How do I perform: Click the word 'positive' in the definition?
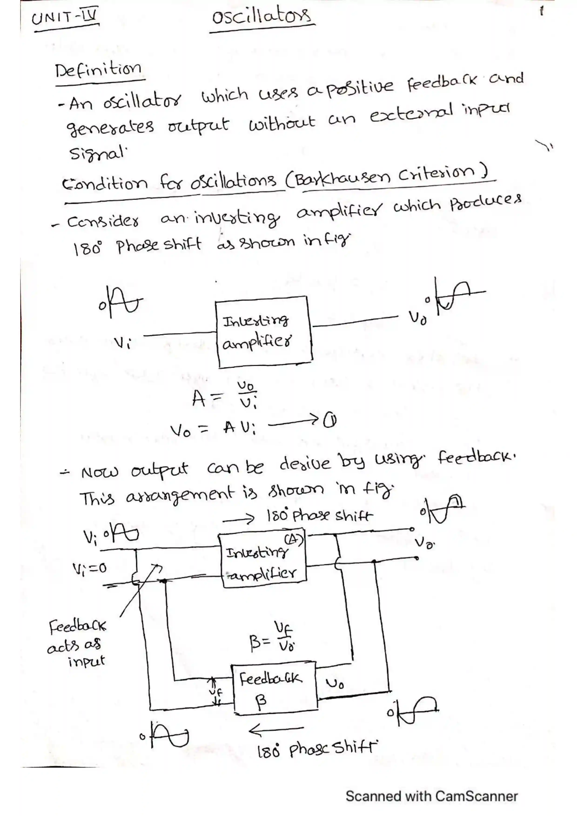pos(359,89)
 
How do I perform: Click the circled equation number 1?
pos(331,421)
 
